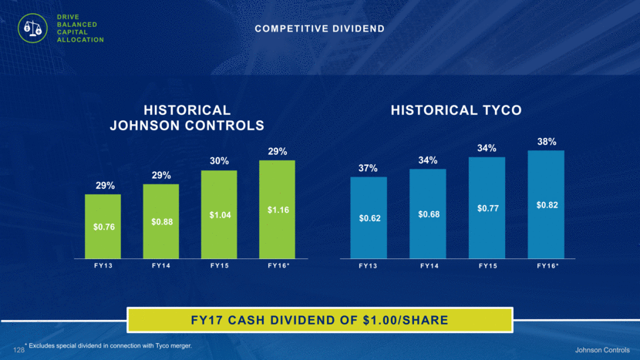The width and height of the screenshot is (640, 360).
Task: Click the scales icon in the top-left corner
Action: click(31, 29)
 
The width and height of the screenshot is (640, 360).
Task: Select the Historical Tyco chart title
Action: click(456, 110)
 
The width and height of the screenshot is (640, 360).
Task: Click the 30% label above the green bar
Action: click(219, 160)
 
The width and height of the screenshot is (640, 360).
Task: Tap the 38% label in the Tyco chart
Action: click(547, 141)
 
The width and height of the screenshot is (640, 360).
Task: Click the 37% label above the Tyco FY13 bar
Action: click(369, 168)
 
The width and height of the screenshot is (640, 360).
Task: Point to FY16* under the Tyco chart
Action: click(547, 267)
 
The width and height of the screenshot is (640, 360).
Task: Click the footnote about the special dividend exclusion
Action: click(108, 346)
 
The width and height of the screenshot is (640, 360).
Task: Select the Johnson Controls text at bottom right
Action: click(603, 350)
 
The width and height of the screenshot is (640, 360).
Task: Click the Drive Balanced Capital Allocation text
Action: click(78, 29)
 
